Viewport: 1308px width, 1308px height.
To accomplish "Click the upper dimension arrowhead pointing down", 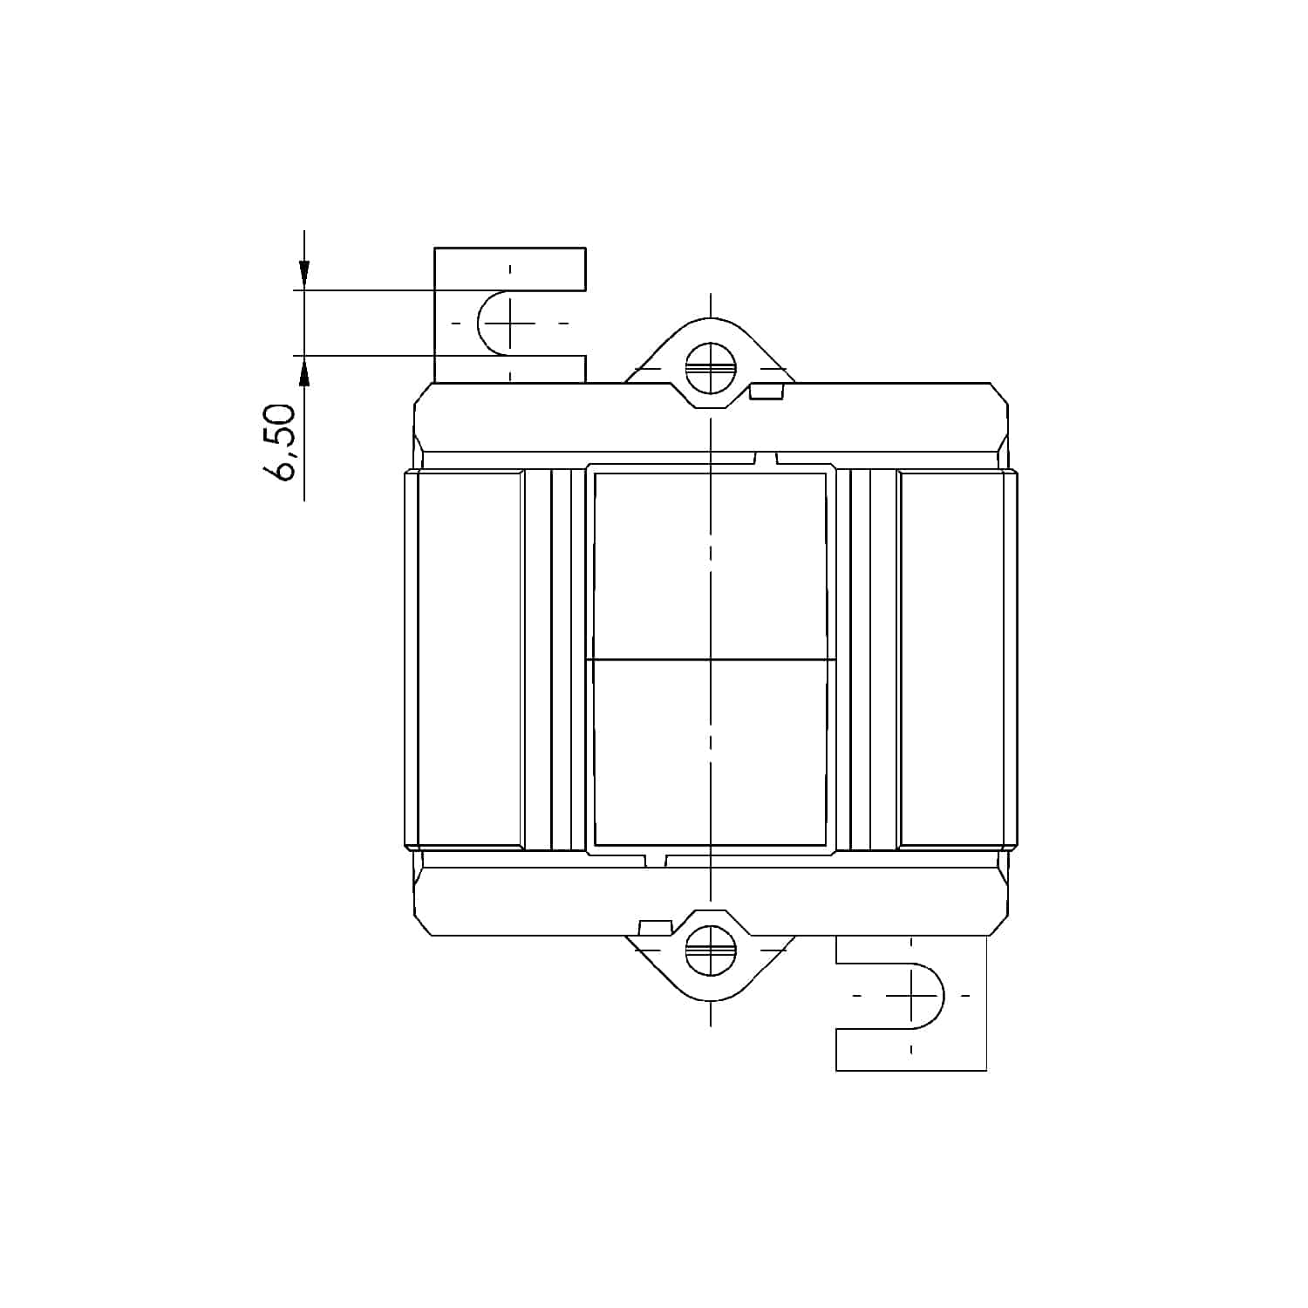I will [303, 275].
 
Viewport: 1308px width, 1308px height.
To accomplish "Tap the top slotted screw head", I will [711, 368].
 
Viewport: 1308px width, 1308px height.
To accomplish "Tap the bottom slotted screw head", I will [711, 950].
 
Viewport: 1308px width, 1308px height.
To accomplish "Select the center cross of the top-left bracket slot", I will [511, 323].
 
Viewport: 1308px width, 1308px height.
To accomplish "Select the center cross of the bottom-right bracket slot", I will [911, 995].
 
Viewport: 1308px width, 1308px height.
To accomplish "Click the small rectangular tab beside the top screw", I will [766, 392].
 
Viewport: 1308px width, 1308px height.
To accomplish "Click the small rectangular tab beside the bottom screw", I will [654, 927].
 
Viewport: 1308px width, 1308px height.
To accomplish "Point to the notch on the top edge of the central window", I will [765, 459].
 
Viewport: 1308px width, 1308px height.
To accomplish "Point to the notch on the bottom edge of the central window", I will [656, 860].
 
